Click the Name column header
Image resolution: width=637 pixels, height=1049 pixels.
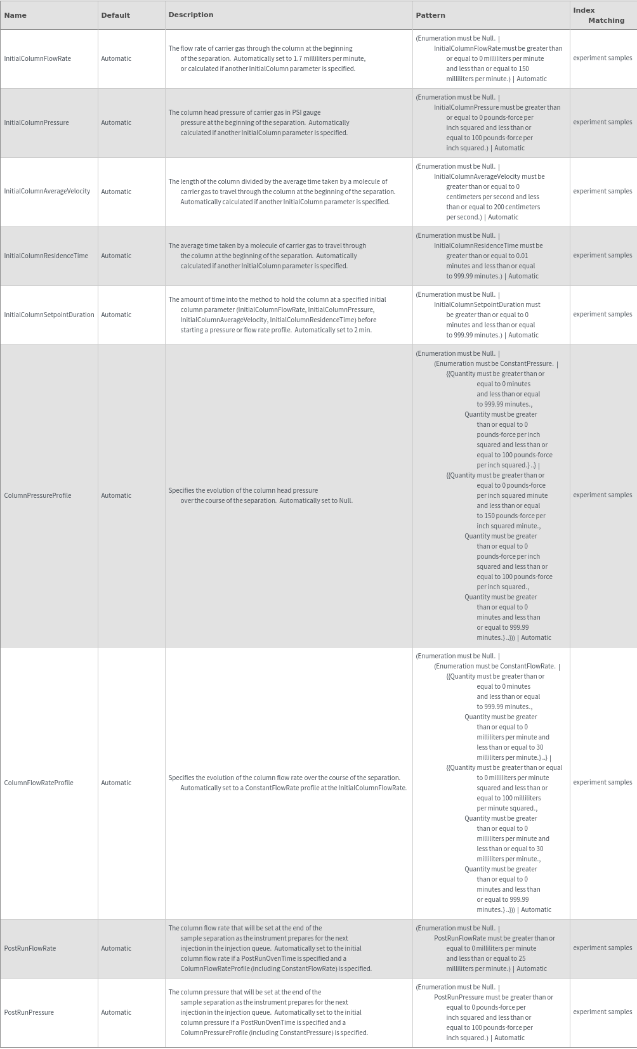pyautogui.click(x=15, y=15)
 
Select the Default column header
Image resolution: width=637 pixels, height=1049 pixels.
pyautogui.click(x=115, y=15)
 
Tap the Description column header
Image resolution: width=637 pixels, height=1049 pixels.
pyautogui.click(x=191, y=15)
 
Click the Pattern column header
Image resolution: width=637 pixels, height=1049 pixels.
pyautogui.click(x=431, y=15)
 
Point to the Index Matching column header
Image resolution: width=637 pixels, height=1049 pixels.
pyautogui.click(x=598, y=15)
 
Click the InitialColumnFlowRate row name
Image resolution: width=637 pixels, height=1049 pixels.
pyautogui.click(x=37, y=58)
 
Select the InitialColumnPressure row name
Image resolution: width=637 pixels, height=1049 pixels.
pyautogui.click(x=37, y=122)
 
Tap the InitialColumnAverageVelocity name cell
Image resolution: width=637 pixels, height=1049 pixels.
pyautogui.click(x=47, y=191)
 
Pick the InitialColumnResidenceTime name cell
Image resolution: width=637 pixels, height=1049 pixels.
pyautogui.click(x=46, y=256)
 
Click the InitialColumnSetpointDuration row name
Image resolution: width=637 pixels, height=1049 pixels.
pyautogui.click(x=49, y=315)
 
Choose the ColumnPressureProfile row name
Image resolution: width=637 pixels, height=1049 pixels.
pyautogui.click(x=37, y=495)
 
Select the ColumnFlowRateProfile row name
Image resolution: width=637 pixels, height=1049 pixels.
pyautogui.click(x=39, y=783)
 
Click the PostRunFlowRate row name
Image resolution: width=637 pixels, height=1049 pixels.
pyautogui.click(x=30, y=948)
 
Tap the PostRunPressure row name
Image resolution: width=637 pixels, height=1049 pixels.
pyautogui.click(x=29, y=1012)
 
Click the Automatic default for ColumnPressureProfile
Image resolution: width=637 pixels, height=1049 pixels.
pyautogui.click(x=116, y=495)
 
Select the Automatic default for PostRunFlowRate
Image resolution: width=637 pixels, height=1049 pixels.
pyautogui.click(x=116, y=948)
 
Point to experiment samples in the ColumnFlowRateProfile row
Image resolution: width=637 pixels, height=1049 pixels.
pyautogui.click(x=602, y=782)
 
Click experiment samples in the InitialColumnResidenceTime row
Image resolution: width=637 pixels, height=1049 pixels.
pyautogui.click(x=602, y=255)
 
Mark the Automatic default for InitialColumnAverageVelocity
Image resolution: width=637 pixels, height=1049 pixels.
pyautogui.click(x=116, y=192)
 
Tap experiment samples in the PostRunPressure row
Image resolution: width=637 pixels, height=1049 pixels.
pyautogui.click(x=602, y=1012)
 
